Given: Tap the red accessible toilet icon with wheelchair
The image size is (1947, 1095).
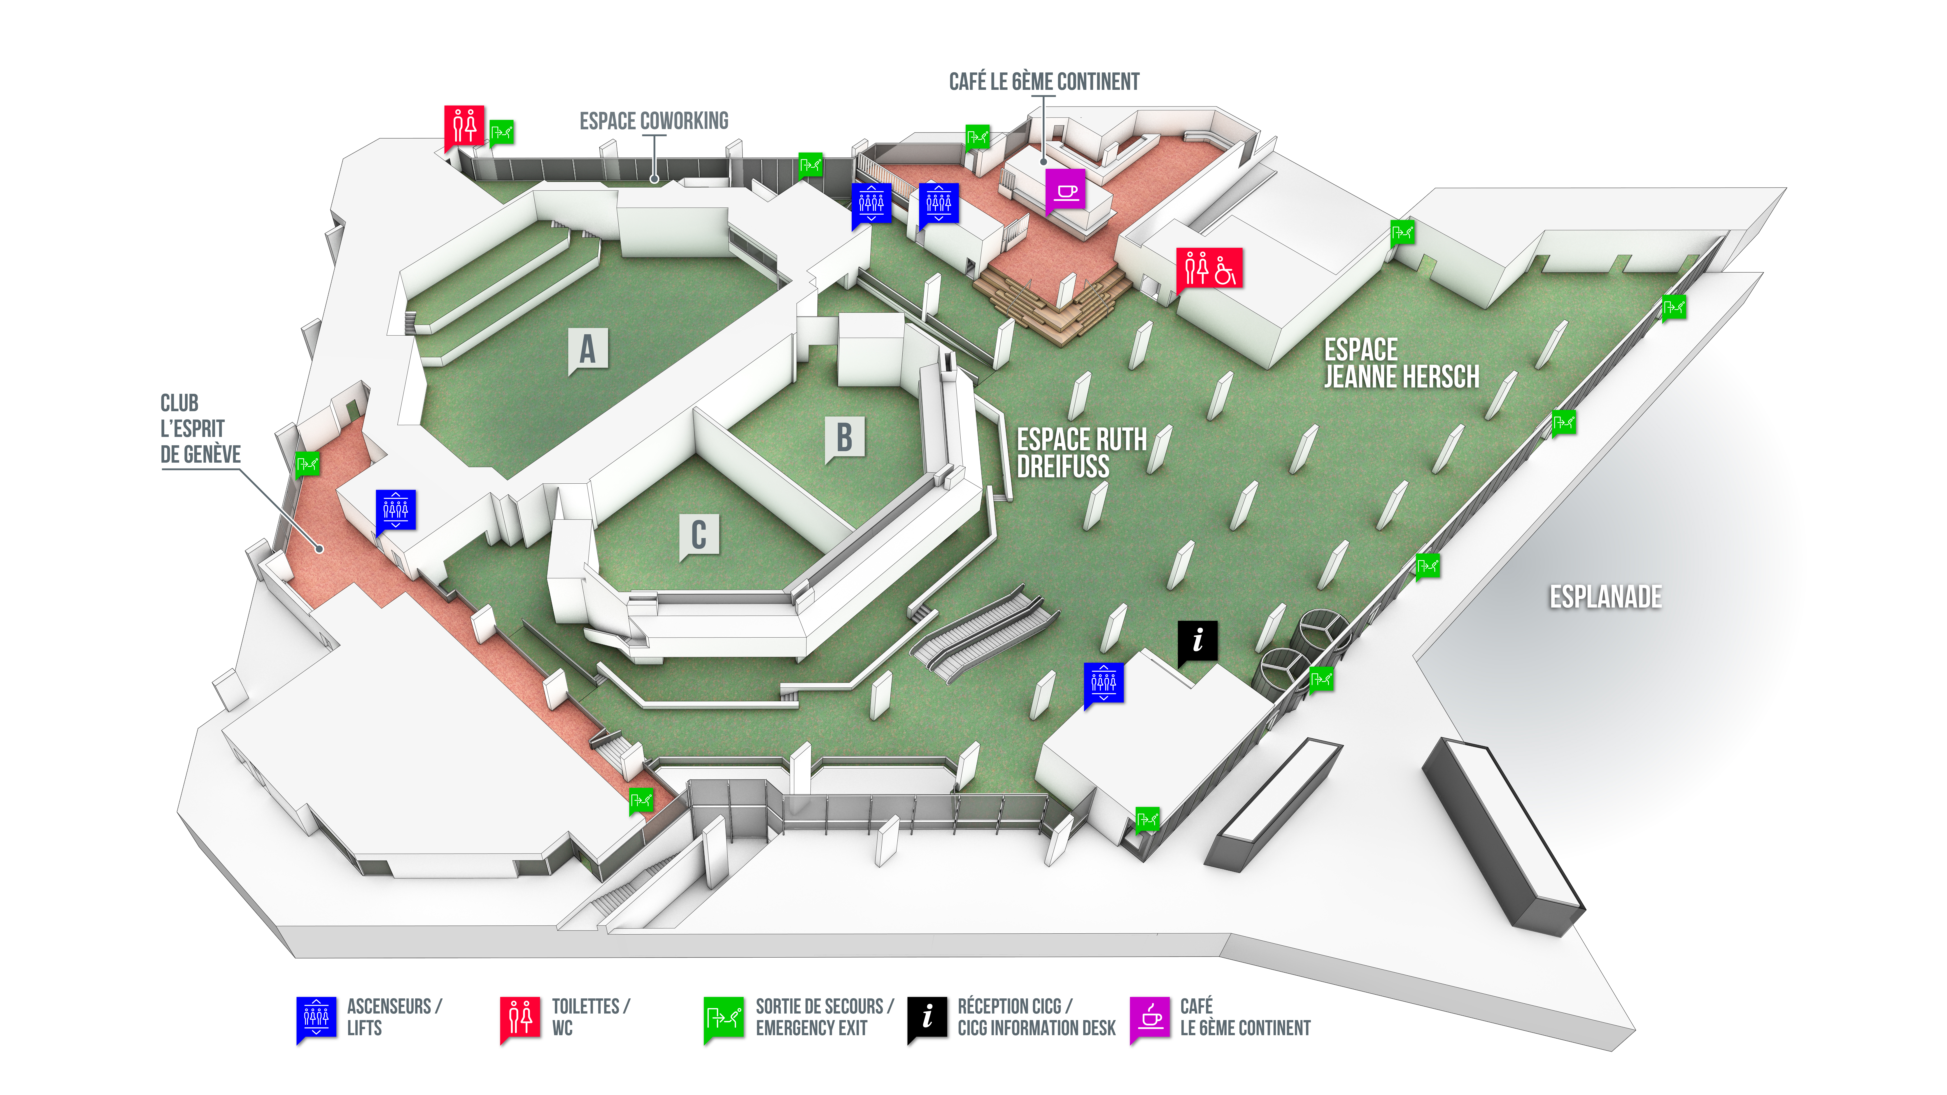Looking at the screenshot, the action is click(x=1209, y=268).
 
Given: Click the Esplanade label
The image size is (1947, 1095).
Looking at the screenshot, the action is click(x=1605, y=597).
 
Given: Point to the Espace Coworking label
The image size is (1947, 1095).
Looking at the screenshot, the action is click(x=654, y=121).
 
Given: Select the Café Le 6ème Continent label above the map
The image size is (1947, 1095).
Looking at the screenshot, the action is click(x=1044, y=82).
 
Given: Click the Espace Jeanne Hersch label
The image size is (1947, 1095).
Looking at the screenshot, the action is click(x=1401, y=364).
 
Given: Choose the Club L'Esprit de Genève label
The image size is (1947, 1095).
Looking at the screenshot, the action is click(x=200, y=429).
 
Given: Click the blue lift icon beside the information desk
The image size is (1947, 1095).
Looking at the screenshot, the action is click(x=1104, y=684).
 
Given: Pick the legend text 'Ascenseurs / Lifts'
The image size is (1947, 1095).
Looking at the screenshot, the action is click(x=394, y=1017).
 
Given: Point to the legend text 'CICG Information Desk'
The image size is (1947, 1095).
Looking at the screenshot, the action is click(x=1036, y=1028).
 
